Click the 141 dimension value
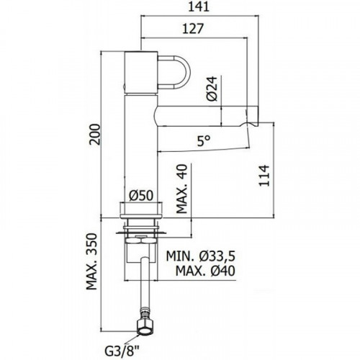coord(198,7)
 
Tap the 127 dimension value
coord(193,29)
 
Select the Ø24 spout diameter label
coord(212,89)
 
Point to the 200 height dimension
coord(94,134)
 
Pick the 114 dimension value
coord(264,175)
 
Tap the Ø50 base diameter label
coord(141,196)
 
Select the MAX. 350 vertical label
coord(91,261)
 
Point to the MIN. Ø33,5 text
coord(201,256)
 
